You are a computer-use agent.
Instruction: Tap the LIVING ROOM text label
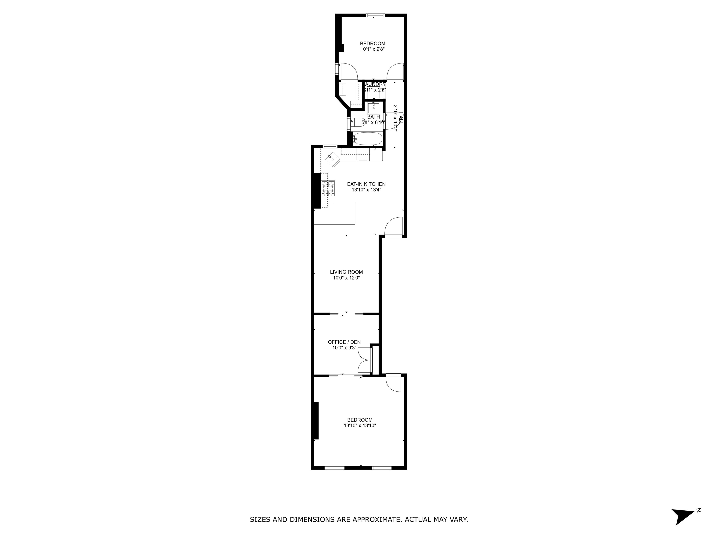pyautogui.click(x=346, y=272)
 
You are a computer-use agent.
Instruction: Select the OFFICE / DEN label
pyautogui.click(x=344, y=342)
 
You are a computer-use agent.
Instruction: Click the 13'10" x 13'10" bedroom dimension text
pyautogui.click(x=360, y=425)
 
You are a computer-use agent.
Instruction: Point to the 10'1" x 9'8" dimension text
pyautogui.click(x=372, y=49)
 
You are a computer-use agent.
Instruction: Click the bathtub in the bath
pyautogui.click(x=367, y=139)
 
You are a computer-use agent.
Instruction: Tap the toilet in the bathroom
pyautogui.click(x=357, y=122)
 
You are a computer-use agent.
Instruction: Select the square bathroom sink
pyautogui.click(x=373, y=108)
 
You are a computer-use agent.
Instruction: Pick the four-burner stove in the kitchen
pyautogui.click(x=328, y=189)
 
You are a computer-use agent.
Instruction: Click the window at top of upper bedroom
pyautogui.click(x=376, y=15)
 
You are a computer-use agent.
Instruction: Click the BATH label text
pyautogui.click(x=373, y=117)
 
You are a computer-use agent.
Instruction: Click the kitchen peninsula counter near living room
pyautogui.click(x=344, y=214)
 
